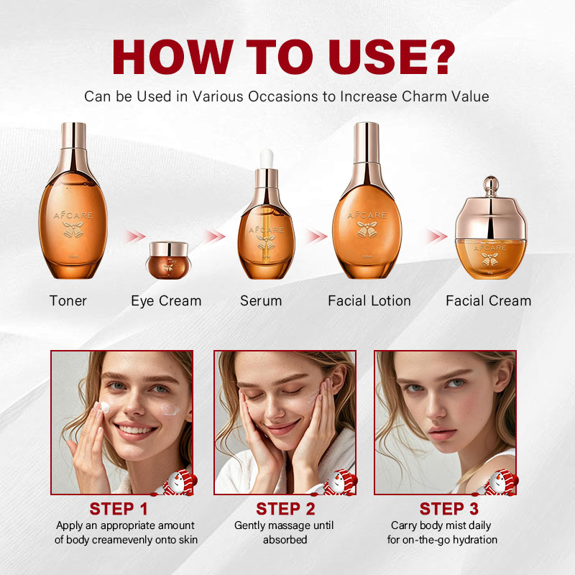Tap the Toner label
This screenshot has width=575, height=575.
(x=68, y=300)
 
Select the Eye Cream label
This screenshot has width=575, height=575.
(x=166, y=300)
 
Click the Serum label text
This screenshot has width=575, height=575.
(x=261, y=300)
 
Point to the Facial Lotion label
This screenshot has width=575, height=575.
(x=369, y=300)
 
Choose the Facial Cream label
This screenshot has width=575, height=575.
(x=488, y=300)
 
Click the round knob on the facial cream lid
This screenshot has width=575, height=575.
(x=491, y=183)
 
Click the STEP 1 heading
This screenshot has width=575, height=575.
(x=119, y=509)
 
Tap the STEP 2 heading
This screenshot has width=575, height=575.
(x=285, y=509)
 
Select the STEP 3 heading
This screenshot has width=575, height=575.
(x=448, y=509)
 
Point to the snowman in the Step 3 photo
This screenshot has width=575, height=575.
(x=502, y=483)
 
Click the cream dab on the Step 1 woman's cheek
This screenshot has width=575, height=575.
(x=170, y=409)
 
